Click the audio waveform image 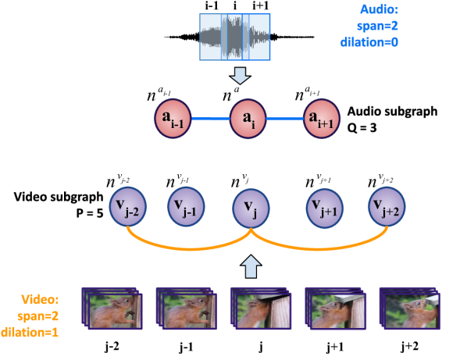click(235, 37)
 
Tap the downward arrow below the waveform click(241, 75)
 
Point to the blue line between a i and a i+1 click(285, 119)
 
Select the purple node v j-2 click(127, 207)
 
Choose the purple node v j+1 click(324, 208)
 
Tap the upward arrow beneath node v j click(250, 266)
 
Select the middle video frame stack click(260, 309)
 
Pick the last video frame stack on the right click(408, 309)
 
